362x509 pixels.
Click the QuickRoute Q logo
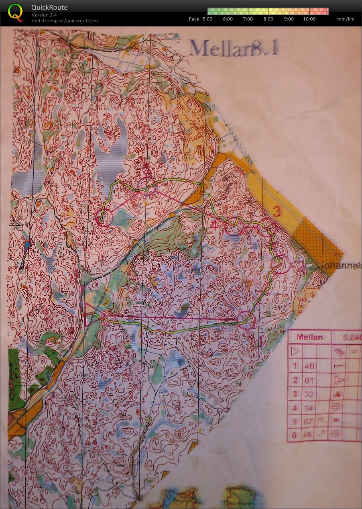[x=16, y=12]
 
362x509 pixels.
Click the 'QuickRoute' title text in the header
[x=49, y=7]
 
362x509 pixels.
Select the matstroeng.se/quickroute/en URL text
[x=65, y=20]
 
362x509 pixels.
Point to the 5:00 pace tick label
[x=207, y=19]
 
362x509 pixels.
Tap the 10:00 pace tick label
[x=309, y=19]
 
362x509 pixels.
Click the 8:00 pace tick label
[x=268, y=19]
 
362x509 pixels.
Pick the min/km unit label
[x=346, y=19]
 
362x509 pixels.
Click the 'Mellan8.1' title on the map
[x=234, y=48]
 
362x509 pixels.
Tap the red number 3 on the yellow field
[x=276, y=211]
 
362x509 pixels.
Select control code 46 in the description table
[x=309, y=366]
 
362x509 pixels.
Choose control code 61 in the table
[x=309, y=380]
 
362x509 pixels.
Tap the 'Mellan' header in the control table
[x=309, y=337]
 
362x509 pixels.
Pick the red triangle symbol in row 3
[x=338, y=394]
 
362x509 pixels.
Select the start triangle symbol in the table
[x=295, y=352]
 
